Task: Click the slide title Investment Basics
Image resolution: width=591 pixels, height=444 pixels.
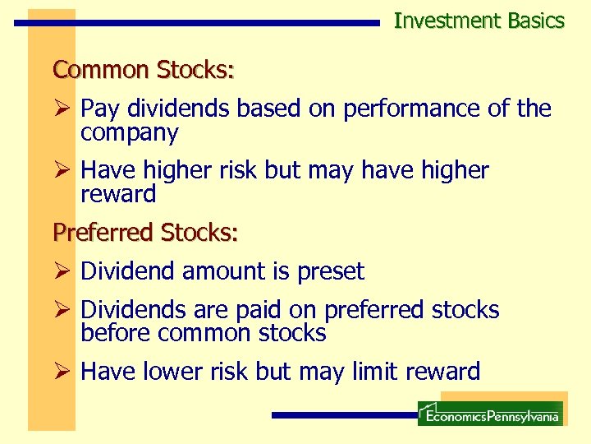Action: coord(479,21)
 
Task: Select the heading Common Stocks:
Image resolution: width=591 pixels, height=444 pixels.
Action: coord(144,70)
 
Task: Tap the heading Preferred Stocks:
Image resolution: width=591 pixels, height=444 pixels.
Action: coord(145,233)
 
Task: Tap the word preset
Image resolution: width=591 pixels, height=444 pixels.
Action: coord(329,271)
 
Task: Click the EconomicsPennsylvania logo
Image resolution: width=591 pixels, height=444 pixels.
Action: coord(490,414)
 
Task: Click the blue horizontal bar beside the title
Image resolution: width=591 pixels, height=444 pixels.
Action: coord(197,23)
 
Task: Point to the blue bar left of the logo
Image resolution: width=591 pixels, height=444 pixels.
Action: coord(345,415)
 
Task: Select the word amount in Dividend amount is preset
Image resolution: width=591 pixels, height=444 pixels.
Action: coord(217,271)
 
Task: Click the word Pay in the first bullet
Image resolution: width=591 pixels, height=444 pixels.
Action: coord(98,109)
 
